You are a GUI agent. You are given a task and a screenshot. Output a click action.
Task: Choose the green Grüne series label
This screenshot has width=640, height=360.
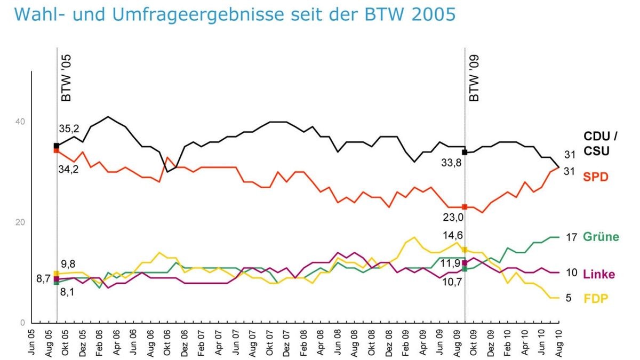(601, 237)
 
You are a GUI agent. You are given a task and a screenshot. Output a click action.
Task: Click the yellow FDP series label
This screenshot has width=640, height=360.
(595, 298)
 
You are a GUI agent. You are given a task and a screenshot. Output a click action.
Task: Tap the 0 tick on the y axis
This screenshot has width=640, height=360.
(22, 323)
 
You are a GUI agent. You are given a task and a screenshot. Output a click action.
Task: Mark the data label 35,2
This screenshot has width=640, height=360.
(69, 129)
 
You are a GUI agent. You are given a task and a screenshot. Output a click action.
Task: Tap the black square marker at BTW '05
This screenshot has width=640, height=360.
(57, 146)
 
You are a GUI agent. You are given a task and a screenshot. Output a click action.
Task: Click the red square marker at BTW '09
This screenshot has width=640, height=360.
(465, 207)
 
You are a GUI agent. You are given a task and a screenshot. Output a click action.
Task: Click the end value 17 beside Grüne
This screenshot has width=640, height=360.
(571, 237)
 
